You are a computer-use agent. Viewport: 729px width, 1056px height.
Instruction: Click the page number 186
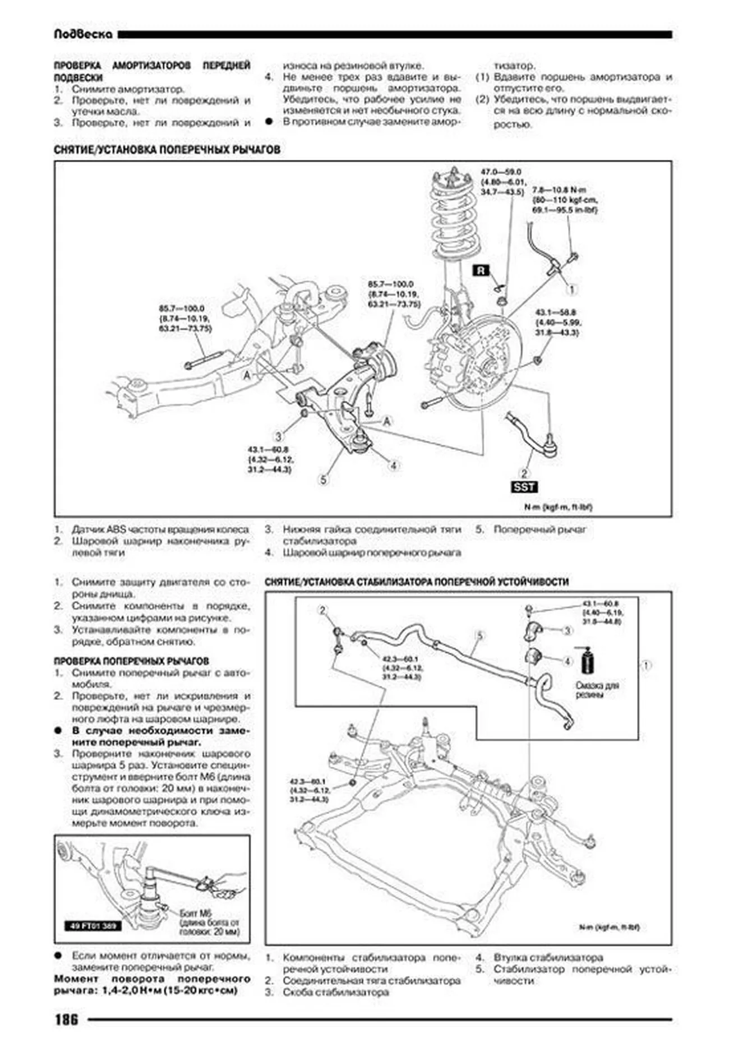[x=66, y=1019]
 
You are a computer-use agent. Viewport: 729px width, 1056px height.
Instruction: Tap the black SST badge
[x=524, y=487]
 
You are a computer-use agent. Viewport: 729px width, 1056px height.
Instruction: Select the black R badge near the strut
[x=481, y=271]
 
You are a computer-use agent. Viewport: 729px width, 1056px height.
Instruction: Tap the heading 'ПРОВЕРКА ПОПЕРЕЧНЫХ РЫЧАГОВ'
[x=131, y=661]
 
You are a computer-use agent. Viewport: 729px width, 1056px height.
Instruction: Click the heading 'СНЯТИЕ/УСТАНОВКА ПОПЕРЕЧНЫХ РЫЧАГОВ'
[x=167, y=150]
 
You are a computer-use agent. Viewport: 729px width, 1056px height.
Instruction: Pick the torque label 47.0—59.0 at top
[x=501, y=172]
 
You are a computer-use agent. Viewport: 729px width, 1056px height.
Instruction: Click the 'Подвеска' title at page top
[x=83, y=35]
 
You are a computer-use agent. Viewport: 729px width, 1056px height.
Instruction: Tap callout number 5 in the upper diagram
[x=323, y=479]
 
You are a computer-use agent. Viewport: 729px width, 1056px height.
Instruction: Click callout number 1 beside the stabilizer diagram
[x=646, y=666]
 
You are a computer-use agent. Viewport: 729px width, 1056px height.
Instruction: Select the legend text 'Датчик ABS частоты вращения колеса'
[x=160, y=529]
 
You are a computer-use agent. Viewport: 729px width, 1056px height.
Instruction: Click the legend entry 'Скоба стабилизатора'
[x=335, y=992]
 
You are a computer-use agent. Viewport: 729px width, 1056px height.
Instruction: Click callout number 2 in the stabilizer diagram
[x=322, y=610]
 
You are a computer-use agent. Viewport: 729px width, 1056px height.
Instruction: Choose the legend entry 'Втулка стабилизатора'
[x=548, y=957]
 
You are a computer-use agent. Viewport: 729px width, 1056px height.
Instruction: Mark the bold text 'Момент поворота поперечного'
[x=152, y=979]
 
